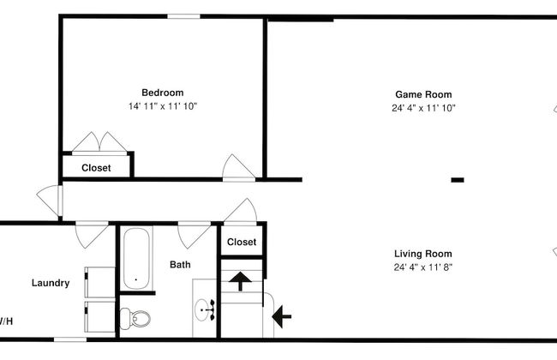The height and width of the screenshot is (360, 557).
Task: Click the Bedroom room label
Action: (163, 93)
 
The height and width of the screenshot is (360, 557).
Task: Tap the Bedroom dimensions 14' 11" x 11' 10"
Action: (163, 106)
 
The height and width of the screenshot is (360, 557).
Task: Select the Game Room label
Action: (423, 94)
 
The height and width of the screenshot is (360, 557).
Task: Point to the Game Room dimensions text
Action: (423, 108)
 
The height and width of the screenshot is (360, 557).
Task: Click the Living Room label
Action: (423, 254)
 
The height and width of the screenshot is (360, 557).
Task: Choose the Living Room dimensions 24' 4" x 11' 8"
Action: (423, 267)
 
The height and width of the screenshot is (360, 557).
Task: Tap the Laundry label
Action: (51, 283)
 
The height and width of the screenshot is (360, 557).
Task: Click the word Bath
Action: (180, 264)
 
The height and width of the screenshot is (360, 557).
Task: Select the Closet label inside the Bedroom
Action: (96, 168)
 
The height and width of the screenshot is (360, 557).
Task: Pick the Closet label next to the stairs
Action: (242, 242)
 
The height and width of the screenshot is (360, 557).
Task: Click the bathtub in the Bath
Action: (136, 258)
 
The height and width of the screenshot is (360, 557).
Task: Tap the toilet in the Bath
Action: (135, 319)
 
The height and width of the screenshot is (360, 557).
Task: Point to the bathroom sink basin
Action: (203, 310)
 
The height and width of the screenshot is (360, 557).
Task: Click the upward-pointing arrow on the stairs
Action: (240, 281)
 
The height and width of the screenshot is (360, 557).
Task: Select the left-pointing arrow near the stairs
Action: (281, 316)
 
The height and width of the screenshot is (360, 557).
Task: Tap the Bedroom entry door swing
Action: (238, 167)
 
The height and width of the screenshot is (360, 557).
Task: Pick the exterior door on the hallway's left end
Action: (50, 200)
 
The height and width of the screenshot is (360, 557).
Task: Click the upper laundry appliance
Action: (99, 282)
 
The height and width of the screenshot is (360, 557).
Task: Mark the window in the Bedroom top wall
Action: (183, 16)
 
